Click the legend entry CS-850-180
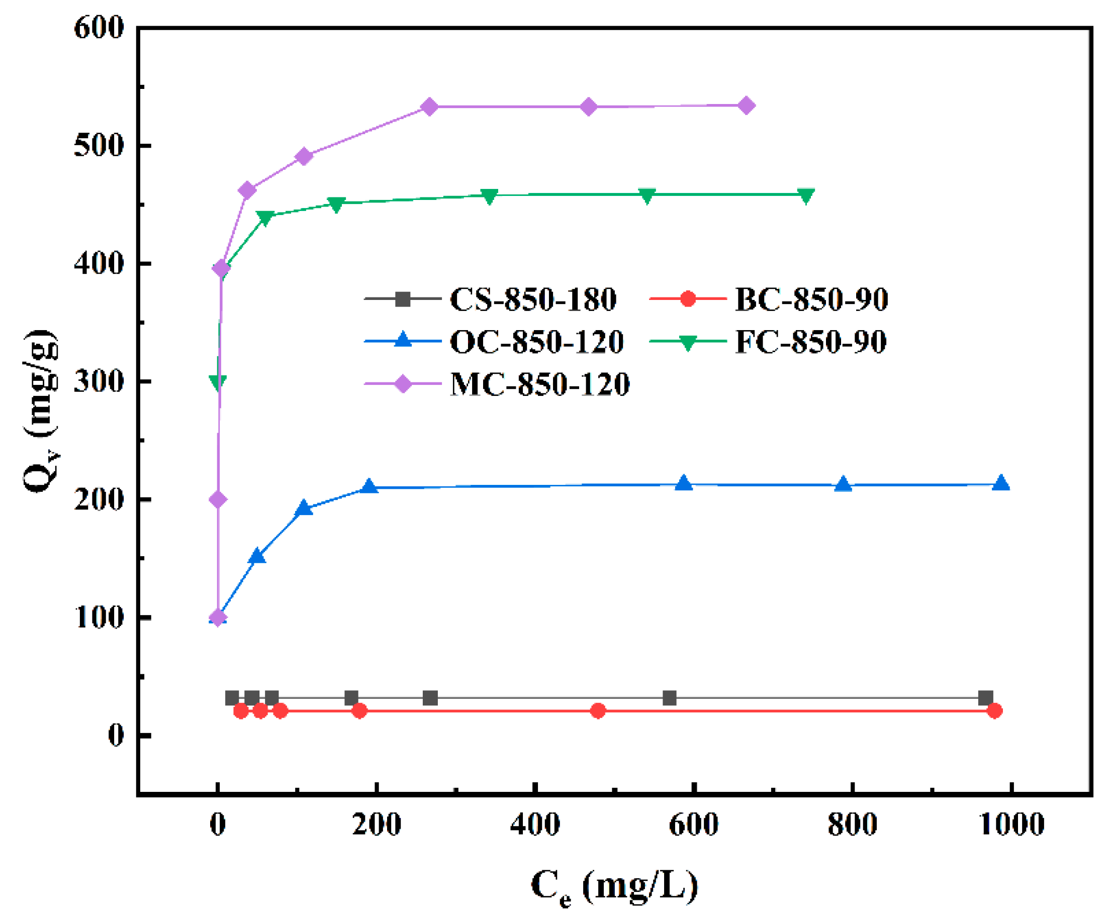[x=533, y=299]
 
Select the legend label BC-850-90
[x=811, y=299]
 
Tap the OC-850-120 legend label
[x=536, y=342]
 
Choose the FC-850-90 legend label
[x=810, y=342]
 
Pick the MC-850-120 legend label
[x=540, y=384]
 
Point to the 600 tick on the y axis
[x=99, y=28]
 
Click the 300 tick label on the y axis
[x=99, y=381]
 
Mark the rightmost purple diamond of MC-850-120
[x=746, y=106]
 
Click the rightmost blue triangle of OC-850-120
[x=1001, y=483]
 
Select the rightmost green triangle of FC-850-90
[x=806, y=195]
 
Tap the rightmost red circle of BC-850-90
[x=994, y=711]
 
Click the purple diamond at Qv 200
[x=218, y=499]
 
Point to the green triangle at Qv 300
[x=218, y=382]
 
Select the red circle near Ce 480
[x=598, y=711]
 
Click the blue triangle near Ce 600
[x=684, y=483]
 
